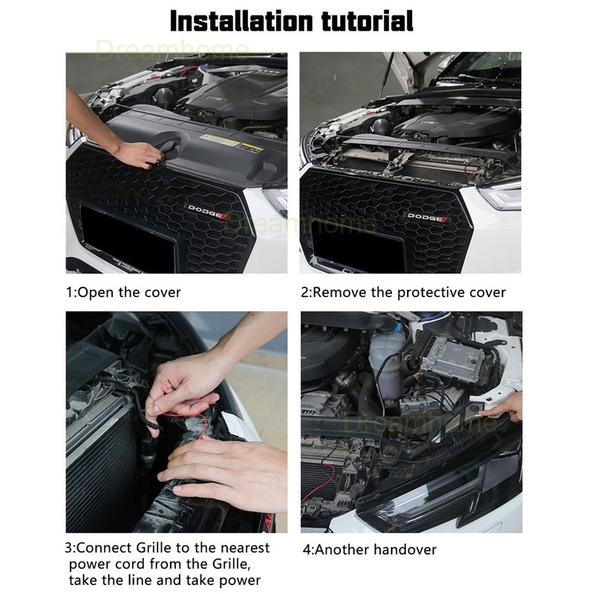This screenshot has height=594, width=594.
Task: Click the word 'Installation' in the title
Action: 241,21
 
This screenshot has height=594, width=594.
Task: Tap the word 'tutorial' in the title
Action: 368,21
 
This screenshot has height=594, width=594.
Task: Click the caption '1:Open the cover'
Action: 123,293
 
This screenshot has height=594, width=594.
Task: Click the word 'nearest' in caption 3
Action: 245,548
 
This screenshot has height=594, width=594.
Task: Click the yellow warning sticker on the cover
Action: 231,142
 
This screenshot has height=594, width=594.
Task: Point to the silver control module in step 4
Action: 453,357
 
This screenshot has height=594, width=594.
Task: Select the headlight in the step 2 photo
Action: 500,195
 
